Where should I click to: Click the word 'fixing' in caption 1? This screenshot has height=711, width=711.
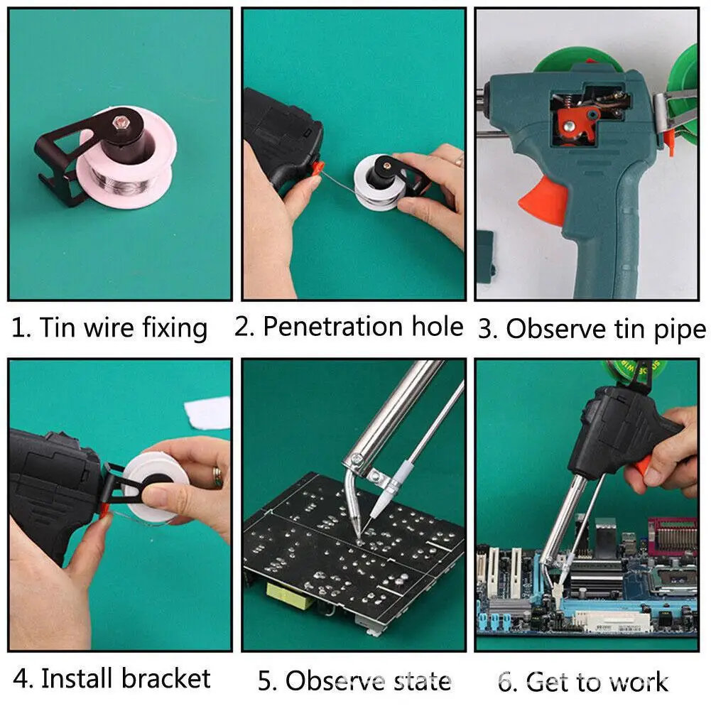[x=174, y=328]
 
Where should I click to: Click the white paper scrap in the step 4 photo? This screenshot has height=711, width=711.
[x=207, y=413]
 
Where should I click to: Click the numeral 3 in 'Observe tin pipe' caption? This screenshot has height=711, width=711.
[x=487, y=329]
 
